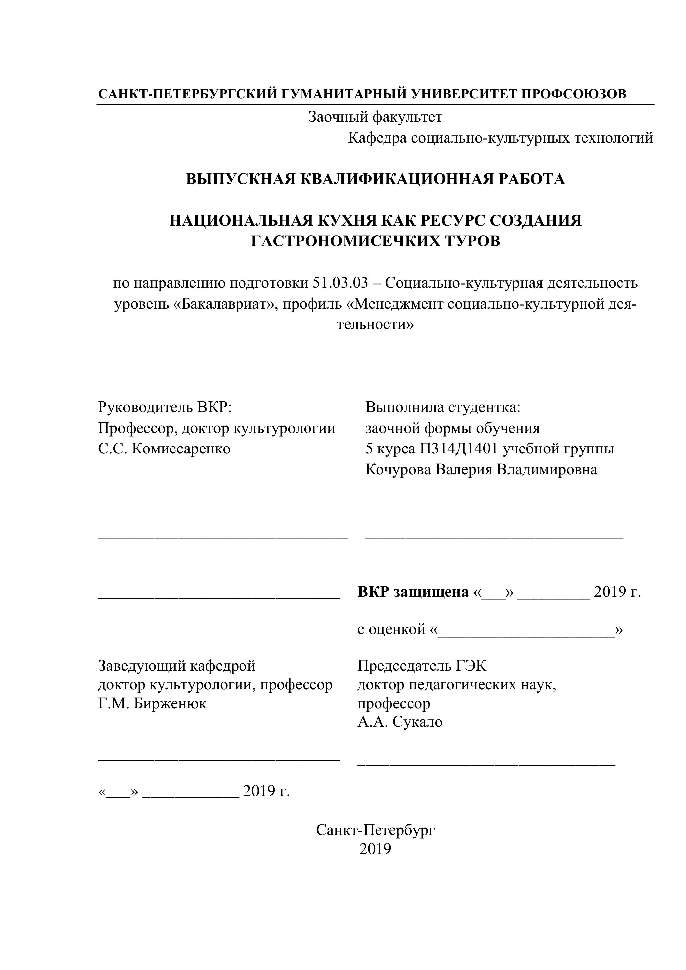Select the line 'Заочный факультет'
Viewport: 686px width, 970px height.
pos(375,117)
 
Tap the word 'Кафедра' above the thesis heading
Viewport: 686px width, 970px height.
pos(377,138)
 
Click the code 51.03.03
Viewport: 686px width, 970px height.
pos(340,283)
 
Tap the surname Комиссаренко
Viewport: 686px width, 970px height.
pos(181,448)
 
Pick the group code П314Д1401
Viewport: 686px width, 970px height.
pos(459,448)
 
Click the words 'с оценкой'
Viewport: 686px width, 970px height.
pos(391,629)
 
